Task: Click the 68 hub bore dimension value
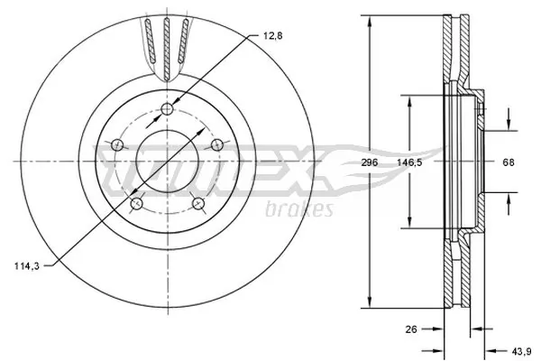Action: (x=508, y=163)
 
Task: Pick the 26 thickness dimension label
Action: (x=411, y=330)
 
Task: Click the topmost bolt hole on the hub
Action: (x=168, y=110)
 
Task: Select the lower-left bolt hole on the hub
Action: (x=136, y=205)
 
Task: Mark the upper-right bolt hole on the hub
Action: (x=216, y=144)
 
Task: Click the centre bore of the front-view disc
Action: (x=168, y=162)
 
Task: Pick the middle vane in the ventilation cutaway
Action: (x=168, y=45)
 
